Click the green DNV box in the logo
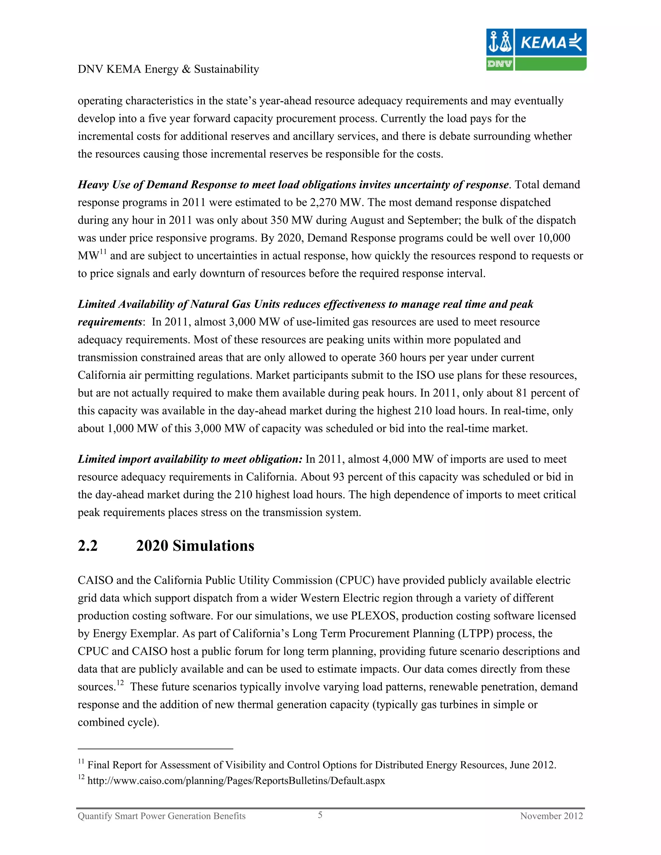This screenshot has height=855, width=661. tap(499, 64)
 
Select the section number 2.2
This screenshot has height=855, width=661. tap(87, 546)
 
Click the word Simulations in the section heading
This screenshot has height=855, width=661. tap(213, 546)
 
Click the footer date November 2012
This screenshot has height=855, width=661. tap(551, 816)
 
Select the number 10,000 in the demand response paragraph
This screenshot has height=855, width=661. tap(554, 238)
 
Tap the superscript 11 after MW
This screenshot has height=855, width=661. tap(103, 252)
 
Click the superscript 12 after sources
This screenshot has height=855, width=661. tap(120, 683)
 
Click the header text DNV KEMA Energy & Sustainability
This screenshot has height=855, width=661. tap(168, 69)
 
